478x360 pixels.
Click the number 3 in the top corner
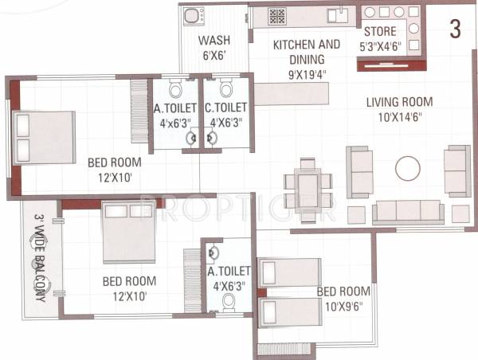click(x=455, y=29)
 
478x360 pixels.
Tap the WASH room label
click(x=214, y=41)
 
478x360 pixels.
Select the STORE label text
click(x=380, y=32)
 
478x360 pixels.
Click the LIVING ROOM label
click(x=399, y=102)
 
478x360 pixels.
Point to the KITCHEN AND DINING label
click(x=307, y=52)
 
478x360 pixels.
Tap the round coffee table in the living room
click(x=408, y=168)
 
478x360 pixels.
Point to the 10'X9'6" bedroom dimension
click(x=343, y=305)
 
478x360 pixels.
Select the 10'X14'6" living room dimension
click(x=399, y=117)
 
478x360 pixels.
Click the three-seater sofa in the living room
click(x=408, y=211)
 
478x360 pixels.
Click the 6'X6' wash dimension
click(x=214, y=57)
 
